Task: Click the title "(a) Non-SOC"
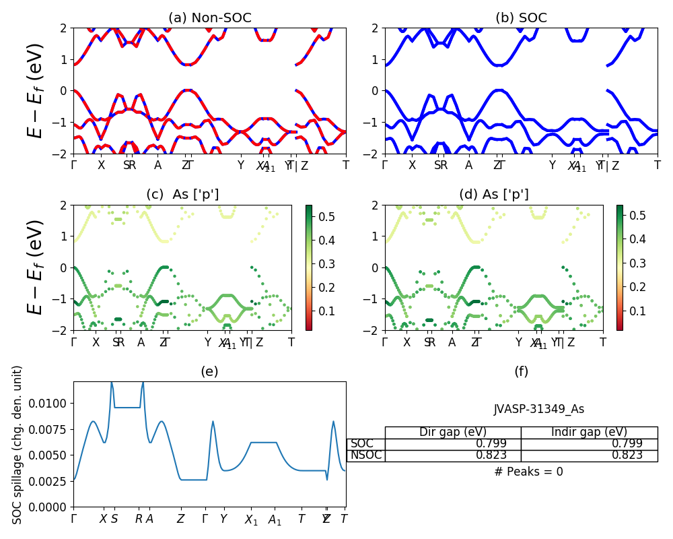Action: [x=209, y=18]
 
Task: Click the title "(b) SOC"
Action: [x=521, y=18]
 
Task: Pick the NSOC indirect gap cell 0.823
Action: [x=623, y=455]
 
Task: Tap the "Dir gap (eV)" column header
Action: [x=452, y=433]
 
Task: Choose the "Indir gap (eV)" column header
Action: [x=589, y=433]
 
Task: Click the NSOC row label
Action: [x=365, y=455]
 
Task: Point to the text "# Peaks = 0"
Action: [x=528, y=472]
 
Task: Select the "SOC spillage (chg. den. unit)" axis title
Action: [x=18, y=445]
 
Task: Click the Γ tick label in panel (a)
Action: [x=74, y=165]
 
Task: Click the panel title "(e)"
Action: [x=209, y=371]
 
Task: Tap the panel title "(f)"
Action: [x=521, y=371]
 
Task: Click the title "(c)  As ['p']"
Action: [x=182, y=195]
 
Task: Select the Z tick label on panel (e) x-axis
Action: [x=180, y=519]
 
